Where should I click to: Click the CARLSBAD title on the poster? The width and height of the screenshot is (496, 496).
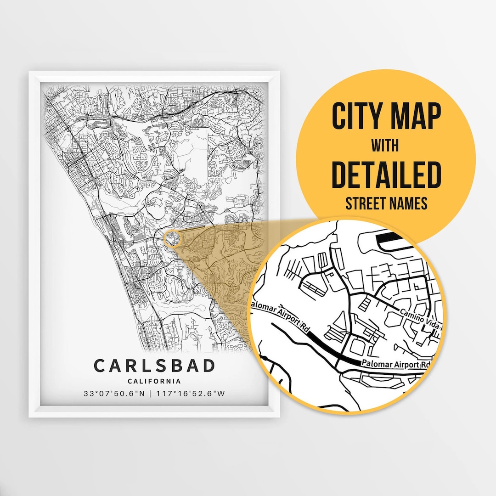pos(154,366)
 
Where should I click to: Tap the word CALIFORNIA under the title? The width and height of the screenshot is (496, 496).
pos(154,381)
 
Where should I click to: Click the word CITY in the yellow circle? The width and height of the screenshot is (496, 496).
pos(358,117)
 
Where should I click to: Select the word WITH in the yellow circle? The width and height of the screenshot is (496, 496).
pos(385,146)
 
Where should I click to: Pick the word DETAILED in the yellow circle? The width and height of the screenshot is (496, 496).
pos(386,175)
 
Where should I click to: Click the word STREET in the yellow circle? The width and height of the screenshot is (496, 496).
pos(367,203)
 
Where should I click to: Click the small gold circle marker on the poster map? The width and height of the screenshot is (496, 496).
pos(172,238)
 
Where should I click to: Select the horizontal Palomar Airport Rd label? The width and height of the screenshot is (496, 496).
pos(396,364)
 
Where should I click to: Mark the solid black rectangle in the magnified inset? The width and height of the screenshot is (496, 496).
pos(389,239)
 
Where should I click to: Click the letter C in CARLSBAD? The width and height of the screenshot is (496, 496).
pos(100,366)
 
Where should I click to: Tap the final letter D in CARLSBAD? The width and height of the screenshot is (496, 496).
pos(209,366)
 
